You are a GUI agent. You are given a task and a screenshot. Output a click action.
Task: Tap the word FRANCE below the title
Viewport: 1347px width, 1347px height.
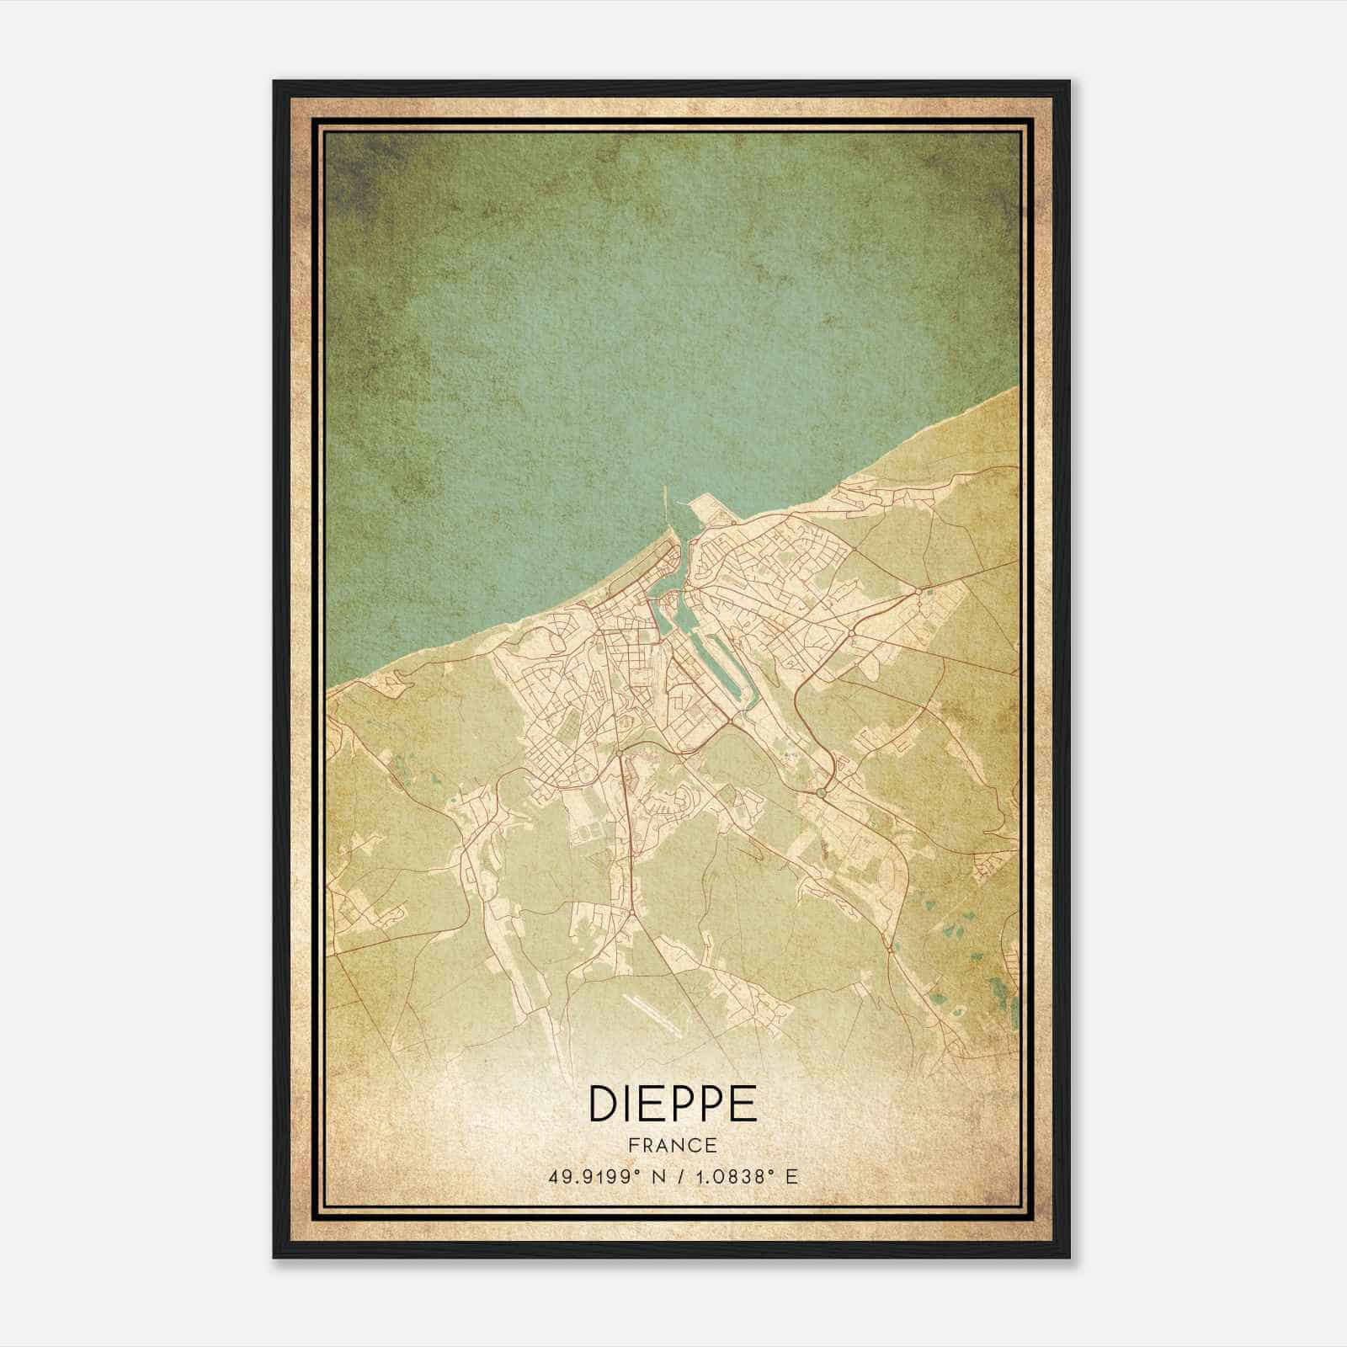point(672,1145)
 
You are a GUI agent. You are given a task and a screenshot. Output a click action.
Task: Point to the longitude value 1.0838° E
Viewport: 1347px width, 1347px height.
point(744,1177)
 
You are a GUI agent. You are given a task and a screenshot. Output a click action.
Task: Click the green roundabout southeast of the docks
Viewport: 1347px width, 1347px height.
point(822,792)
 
